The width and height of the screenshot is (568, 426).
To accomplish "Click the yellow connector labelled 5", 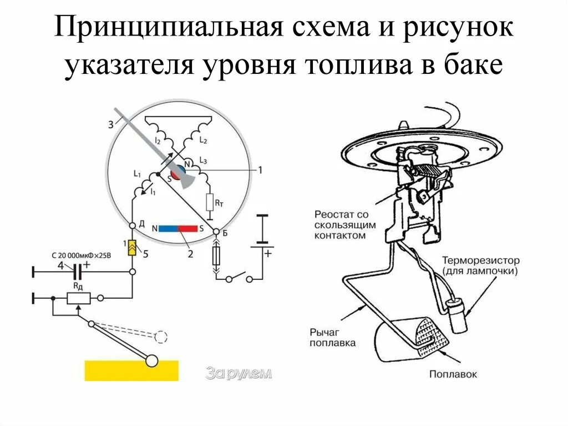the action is tap(133, 248).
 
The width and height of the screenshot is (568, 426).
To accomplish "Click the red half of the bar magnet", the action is tap(188, 228).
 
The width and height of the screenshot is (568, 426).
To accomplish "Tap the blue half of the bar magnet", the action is tap(169, 228).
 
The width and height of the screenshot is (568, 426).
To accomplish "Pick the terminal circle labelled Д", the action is tap(133, 225).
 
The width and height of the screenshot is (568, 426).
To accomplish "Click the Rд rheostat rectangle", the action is tap(78, 298).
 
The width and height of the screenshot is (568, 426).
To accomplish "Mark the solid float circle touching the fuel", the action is tap(151, 362).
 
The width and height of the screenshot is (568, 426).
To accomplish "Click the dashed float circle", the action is tap(161, 337).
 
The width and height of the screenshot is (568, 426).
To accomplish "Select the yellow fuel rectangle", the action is tap(131, 370).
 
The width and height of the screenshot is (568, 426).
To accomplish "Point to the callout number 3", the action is tap(110, 125).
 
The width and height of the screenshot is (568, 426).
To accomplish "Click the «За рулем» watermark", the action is tap(239, 374).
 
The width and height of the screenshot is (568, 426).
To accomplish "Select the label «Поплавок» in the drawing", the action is tap(453, 374).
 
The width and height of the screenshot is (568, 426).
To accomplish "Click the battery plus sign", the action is tap(268, 253).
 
